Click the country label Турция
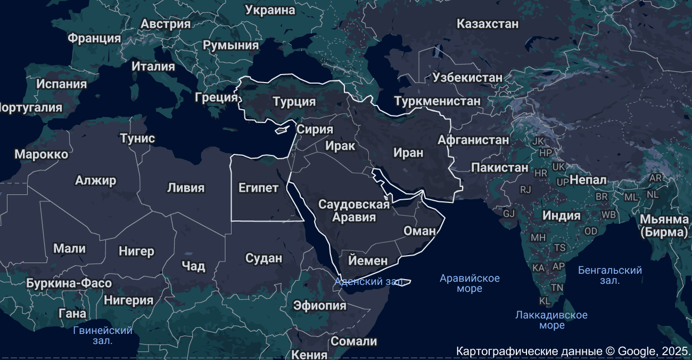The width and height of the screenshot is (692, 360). click(x=294, y=101)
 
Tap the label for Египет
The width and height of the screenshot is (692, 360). click(x=258, y=188)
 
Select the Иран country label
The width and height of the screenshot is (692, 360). click(x=408, y=153)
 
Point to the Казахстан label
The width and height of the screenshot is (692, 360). click(x=488, y=24)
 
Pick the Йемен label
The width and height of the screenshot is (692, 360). click(x=368, y=260)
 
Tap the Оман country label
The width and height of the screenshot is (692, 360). click(x=420, y=231)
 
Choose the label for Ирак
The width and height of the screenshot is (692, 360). click(x=340, y=145)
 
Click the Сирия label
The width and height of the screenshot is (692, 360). click(x=315, y=129)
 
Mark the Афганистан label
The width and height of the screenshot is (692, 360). click(x=473, y=140)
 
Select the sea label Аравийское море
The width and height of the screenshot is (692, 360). click(x=469, y=283)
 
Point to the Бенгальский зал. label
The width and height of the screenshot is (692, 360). click(x=610, y=275)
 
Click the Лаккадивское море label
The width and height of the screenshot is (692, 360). click(x=551, y=320)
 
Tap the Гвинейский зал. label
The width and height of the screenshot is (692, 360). click(x=103, y=335)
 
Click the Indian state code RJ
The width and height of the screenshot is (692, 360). click(x=525, y=189)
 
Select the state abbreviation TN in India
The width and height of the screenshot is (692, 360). click(x=557, y=288)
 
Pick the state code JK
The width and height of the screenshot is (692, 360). click(x=538, y=141)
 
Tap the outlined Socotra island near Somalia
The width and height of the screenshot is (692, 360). click(x=403, y=282)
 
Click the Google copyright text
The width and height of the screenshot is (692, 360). click(x=573, y=351)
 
